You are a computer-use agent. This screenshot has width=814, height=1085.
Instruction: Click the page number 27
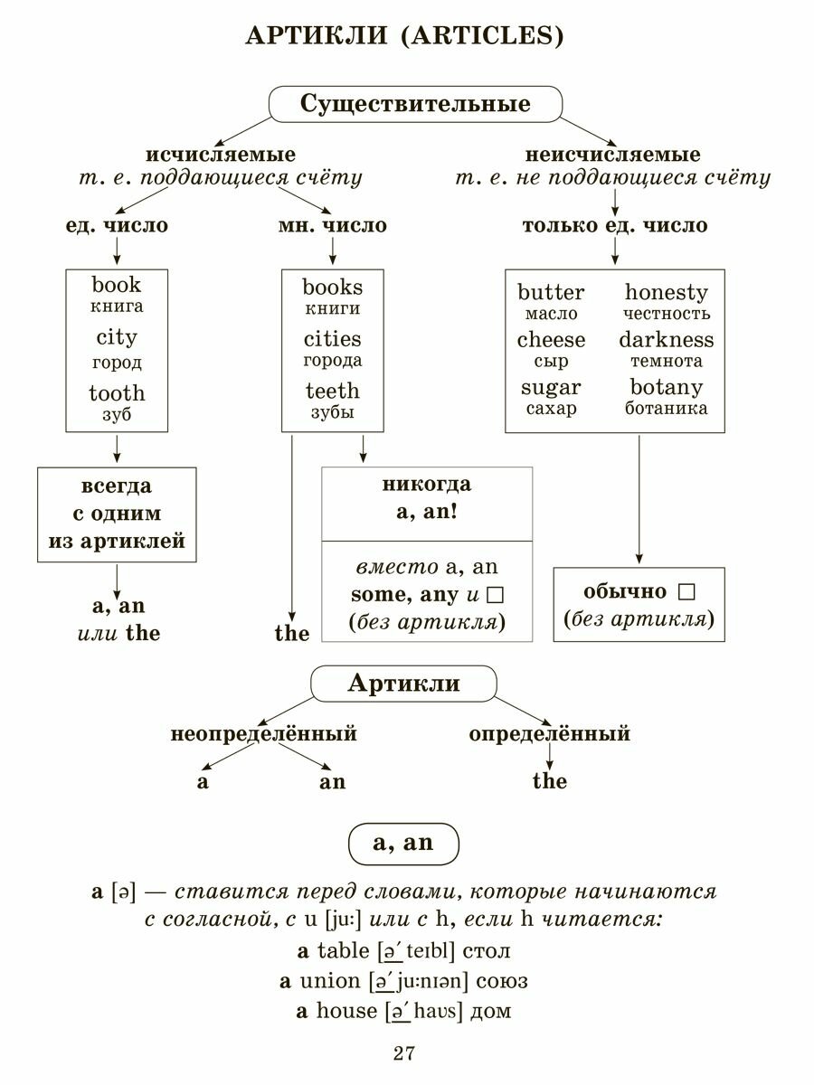click(x=403, y=1053)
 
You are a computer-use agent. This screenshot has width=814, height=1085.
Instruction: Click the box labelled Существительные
click(x=415, y=104)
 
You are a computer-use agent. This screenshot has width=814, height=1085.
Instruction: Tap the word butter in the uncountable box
click(x=551, y=292)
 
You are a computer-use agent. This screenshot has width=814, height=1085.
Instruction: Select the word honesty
click(x=667, y=292)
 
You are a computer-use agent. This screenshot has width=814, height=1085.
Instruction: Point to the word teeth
click(x=332, y=391)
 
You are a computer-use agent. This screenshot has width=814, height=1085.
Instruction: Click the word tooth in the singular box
click(x=117, y=392)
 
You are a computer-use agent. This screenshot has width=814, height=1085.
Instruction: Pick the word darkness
click(x=667, y=340)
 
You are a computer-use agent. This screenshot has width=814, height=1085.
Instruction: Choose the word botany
click(x=667, y=387)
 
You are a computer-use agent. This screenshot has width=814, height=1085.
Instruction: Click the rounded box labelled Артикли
click(x=403, y=684)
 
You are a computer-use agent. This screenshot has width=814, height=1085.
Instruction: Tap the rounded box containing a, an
click(x=403, y=844)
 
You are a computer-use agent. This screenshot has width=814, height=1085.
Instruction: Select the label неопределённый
click(x=263, y=733)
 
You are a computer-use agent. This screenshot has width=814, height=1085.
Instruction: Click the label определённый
click(x=549, y=733)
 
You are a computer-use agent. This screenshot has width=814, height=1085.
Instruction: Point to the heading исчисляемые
click(x=221, y=155)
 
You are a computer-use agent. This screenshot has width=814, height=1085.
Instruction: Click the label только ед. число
click(x=615, y=225)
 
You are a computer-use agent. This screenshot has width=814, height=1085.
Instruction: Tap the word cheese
click(x=551, y=340)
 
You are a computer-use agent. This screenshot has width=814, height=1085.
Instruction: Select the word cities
click(x=332, y=339)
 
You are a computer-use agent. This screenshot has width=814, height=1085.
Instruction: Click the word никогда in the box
click(x=427, y=485)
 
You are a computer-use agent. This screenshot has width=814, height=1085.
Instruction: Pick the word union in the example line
click(x=329, y=981)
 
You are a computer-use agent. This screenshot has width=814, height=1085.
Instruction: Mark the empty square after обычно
click(x=686, y=592)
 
